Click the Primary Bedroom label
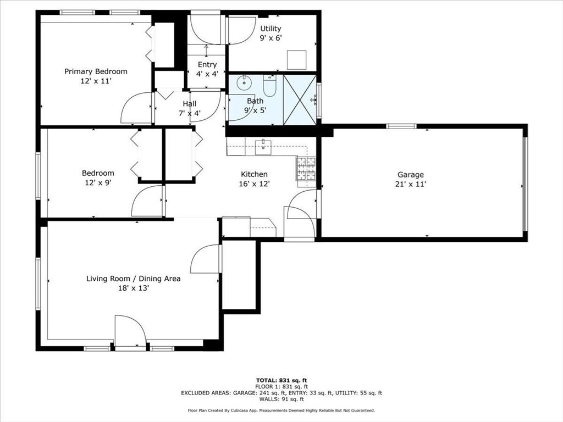[x=96, y=71]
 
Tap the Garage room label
[x=411, y=175]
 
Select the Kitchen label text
[x=253, y=174]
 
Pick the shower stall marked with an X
[x=300, y=100]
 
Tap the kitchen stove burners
[x=306, y=169]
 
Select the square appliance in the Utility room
[x=296, y=59]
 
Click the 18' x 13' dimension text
[x=133, y=288]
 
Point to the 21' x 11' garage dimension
[x=411, y=185]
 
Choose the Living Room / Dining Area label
[x=133, y=279]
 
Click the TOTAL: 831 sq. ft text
[x=281, y=380]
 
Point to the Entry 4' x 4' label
[x=207, y=69]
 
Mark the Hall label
[x=189, y=103]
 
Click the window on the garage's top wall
[x=401, y=126]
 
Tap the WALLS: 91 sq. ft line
[x=281, y=399]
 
